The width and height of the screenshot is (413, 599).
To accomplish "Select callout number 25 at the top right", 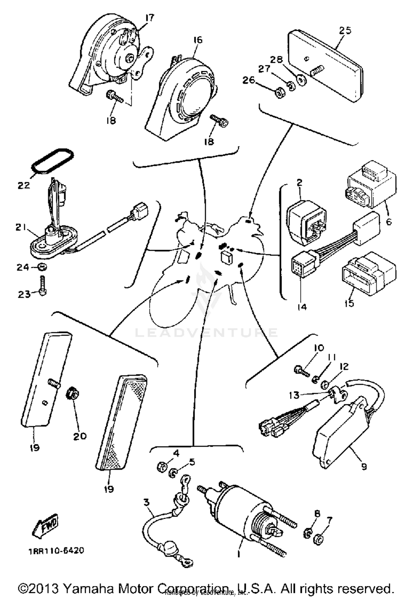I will [345, 30].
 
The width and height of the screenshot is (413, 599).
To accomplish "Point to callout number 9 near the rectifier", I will [364, 466].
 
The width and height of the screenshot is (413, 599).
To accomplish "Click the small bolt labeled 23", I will [43, 285].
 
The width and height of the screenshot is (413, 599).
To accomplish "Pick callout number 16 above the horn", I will [198, 40].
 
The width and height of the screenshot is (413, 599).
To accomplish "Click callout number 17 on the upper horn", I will [150, 18].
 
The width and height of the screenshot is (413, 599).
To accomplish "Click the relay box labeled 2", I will [306, 223].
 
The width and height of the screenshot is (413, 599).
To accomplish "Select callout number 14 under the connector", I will [302, 306].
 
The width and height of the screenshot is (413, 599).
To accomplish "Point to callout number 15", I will [349, 303].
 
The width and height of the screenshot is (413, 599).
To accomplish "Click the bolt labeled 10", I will [301, 370].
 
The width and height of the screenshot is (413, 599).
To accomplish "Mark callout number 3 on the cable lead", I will [146, 502].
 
